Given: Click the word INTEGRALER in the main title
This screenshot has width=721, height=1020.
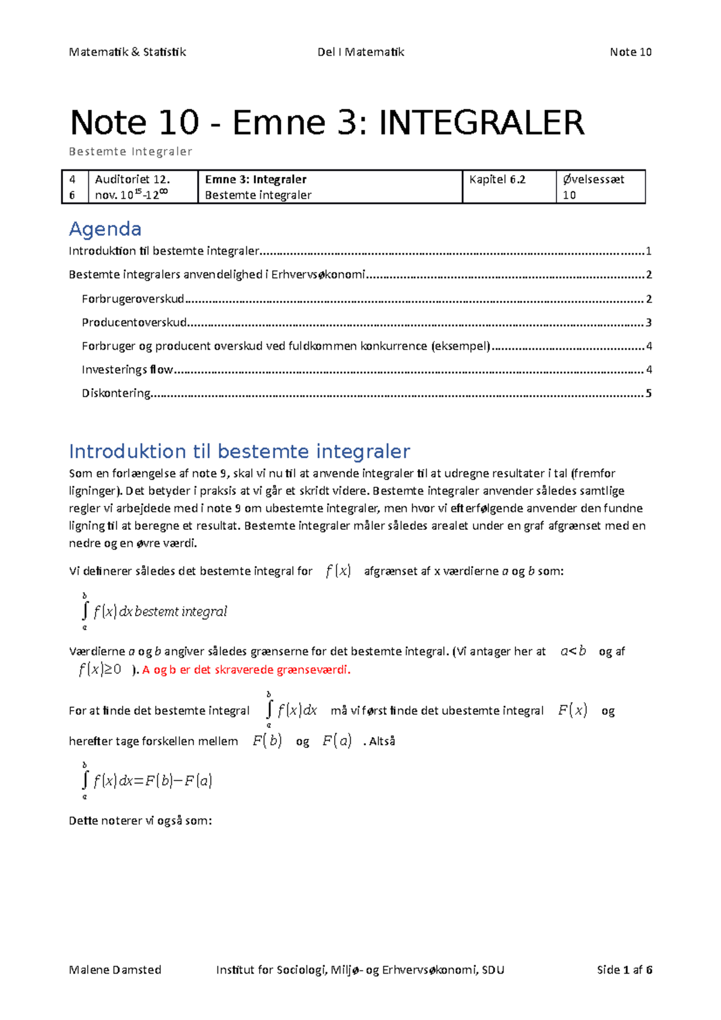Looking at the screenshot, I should pyautogui.click(x=481, y=123).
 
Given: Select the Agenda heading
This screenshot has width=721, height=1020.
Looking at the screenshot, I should pyautogui.click(x=105, y=229).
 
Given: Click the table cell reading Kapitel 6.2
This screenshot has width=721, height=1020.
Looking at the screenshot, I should pyautogui.click(x=497, y=180).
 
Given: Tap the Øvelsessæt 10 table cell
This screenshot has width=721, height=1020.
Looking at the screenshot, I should pyautogui.click(x=593, y=187).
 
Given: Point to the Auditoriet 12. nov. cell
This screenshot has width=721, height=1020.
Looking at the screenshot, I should pyautogui.click(x=132, y=187).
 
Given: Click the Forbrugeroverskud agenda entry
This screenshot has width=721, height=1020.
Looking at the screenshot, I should pyautogui.click(x=133, y=299).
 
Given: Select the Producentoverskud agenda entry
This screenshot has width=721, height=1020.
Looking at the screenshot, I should pyautogui.click(x=135, y=323).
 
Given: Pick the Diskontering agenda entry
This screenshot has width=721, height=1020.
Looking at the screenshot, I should pyautogui.click(x=116, y=393).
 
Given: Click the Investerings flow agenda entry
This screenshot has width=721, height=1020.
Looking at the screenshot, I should pyautogui.click(x=127, y=369).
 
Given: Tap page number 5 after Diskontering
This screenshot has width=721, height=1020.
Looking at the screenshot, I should pyautogui.click(x=648, y=393).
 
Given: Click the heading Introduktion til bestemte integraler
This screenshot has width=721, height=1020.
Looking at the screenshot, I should pyautogui.click(x=239, y=451).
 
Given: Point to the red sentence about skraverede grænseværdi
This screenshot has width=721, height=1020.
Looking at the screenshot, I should pyautogui.click(x=246, y=670).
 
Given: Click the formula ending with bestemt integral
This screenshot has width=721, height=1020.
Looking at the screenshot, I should pyautogui.click(x=155, y=612).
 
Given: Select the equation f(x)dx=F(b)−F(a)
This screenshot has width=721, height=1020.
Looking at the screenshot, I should pyautogui.click(x=148, y=781).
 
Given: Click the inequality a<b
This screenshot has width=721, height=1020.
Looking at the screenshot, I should pyautogui.click(x=573, y=651).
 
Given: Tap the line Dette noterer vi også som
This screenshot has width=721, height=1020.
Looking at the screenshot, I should pyautogui.click(x=140, y=821).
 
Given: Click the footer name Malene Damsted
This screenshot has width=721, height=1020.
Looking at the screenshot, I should pyautogui.click(x=115, y=970).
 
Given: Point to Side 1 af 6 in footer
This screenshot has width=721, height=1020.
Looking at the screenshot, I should pyautogui.click(x=624, y=970).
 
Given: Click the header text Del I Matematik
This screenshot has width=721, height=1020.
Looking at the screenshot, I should pyautogui.click(x=360, y=52).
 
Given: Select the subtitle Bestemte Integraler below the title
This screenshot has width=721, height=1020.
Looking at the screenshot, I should pyautogui.click(x=130, y=151).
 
